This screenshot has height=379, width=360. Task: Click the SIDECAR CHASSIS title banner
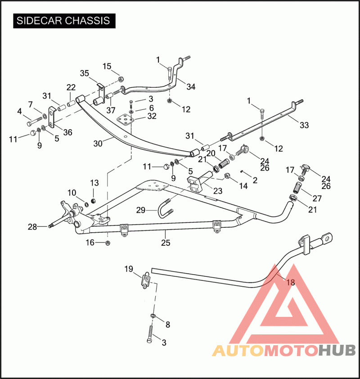pyautogui.click(x=64, y=21)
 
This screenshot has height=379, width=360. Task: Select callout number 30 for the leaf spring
pyautogui.click(x=98, y=144)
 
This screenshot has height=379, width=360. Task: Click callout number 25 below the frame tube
pyautogui.click(x=166, y=243)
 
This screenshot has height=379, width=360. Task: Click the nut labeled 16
pyautogui.click(x=108, y=243)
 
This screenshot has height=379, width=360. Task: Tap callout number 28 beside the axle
pyautogui.click(x=32, y=227)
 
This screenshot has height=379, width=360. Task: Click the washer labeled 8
pyautogui.click(x=153, y=316)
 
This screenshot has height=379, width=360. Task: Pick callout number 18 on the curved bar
pyautogui.click(x=291, y=282)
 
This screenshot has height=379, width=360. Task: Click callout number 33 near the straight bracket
pyautogui.click(x=304, y=125)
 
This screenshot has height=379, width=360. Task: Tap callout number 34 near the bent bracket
pyautogui.click(x=191, y=86)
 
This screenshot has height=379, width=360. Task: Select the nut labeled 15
pyautogui.click(x=121, y=79)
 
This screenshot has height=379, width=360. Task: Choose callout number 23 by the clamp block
pyautogui.click(x=218, y=191)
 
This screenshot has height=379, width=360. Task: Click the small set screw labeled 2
pyautogui.click(x=241, y=171)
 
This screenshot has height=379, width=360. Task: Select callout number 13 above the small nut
pyautogui.click(x=94, y=183)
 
